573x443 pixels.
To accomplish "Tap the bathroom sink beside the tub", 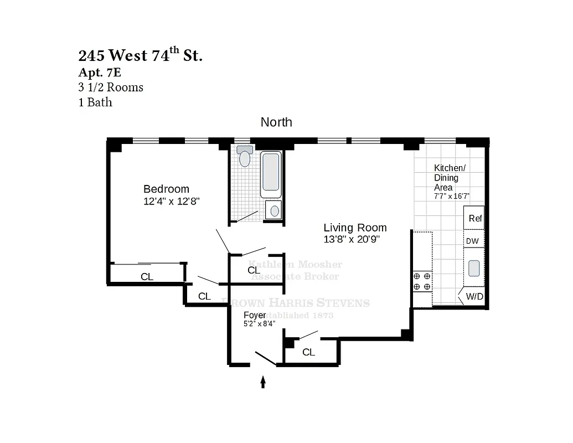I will pos(273,210).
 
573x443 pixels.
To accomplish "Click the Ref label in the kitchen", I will pos(475,218).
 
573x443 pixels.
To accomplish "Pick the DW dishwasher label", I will pos(472,241).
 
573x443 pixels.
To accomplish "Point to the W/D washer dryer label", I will pos(474,296).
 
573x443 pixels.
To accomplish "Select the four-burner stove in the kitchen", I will pos(422,281).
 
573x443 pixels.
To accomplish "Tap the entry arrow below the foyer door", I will pos(263,382).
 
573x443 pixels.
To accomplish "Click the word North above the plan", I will pos(276,122).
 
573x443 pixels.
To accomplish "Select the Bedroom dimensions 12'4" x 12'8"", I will pos(171,202).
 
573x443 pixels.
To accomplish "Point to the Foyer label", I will pos(255,315).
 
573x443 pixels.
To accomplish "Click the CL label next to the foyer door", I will pos(308,352).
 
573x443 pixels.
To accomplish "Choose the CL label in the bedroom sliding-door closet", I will pos(147,277).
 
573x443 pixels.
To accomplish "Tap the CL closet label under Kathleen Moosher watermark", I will pos(254,270).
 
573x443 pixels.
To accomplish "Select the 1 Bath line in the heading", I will pos(95,102).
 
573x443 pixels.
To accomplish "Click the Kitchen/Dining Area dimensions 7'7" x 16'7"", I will pos(451,196).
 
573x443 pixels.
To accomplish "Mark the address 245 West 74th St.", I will pos(140,55).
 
